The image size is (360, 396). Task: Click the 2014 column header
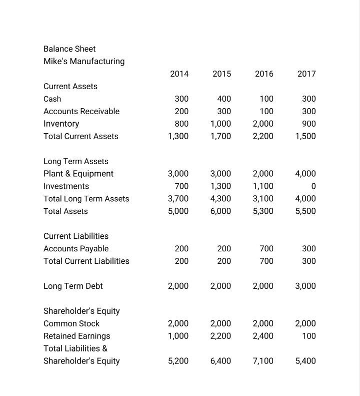click(179, 74)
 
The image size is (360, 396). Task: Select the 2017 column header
click(306, 74)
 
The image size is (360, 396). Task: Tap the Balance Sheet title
click(69, 49)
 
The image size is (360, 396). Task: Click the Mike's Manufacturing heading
click(84, 61)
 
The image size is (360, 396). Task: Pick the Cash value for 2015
click(224, 99)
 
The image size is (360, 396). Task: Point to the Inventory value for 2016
click(263, 124)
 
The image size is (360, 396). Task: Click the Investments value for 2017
click(313, 186)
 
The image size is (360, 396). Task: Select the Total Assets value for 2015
click(220, 211)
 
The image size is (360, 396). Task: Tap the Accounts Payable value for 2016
click(266, 248)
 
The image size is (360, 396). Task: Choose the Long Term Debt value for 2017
click(305, 286)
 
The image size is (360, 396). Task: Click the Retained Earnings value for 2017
click(308, 336)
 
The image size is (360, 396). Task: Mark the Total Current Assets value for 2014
click(178, 136)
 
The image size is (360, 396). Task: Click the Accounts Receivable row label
click(81, 111)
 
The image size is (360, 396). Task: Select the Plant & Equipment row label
click(78, 174)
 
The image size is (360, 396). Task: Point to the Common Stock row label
click(71, 323)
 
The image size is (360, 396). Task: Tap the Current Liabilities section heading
click(76, 236)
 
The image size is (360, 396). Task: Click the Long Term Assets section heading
click(76, 161)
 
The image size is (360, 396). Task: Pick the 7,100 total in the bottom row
click(263, 361)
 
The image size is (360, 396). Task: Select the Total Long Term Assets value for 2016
click(263, 199)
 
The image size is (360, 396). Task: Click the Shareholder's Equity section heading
click(81, 311)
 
